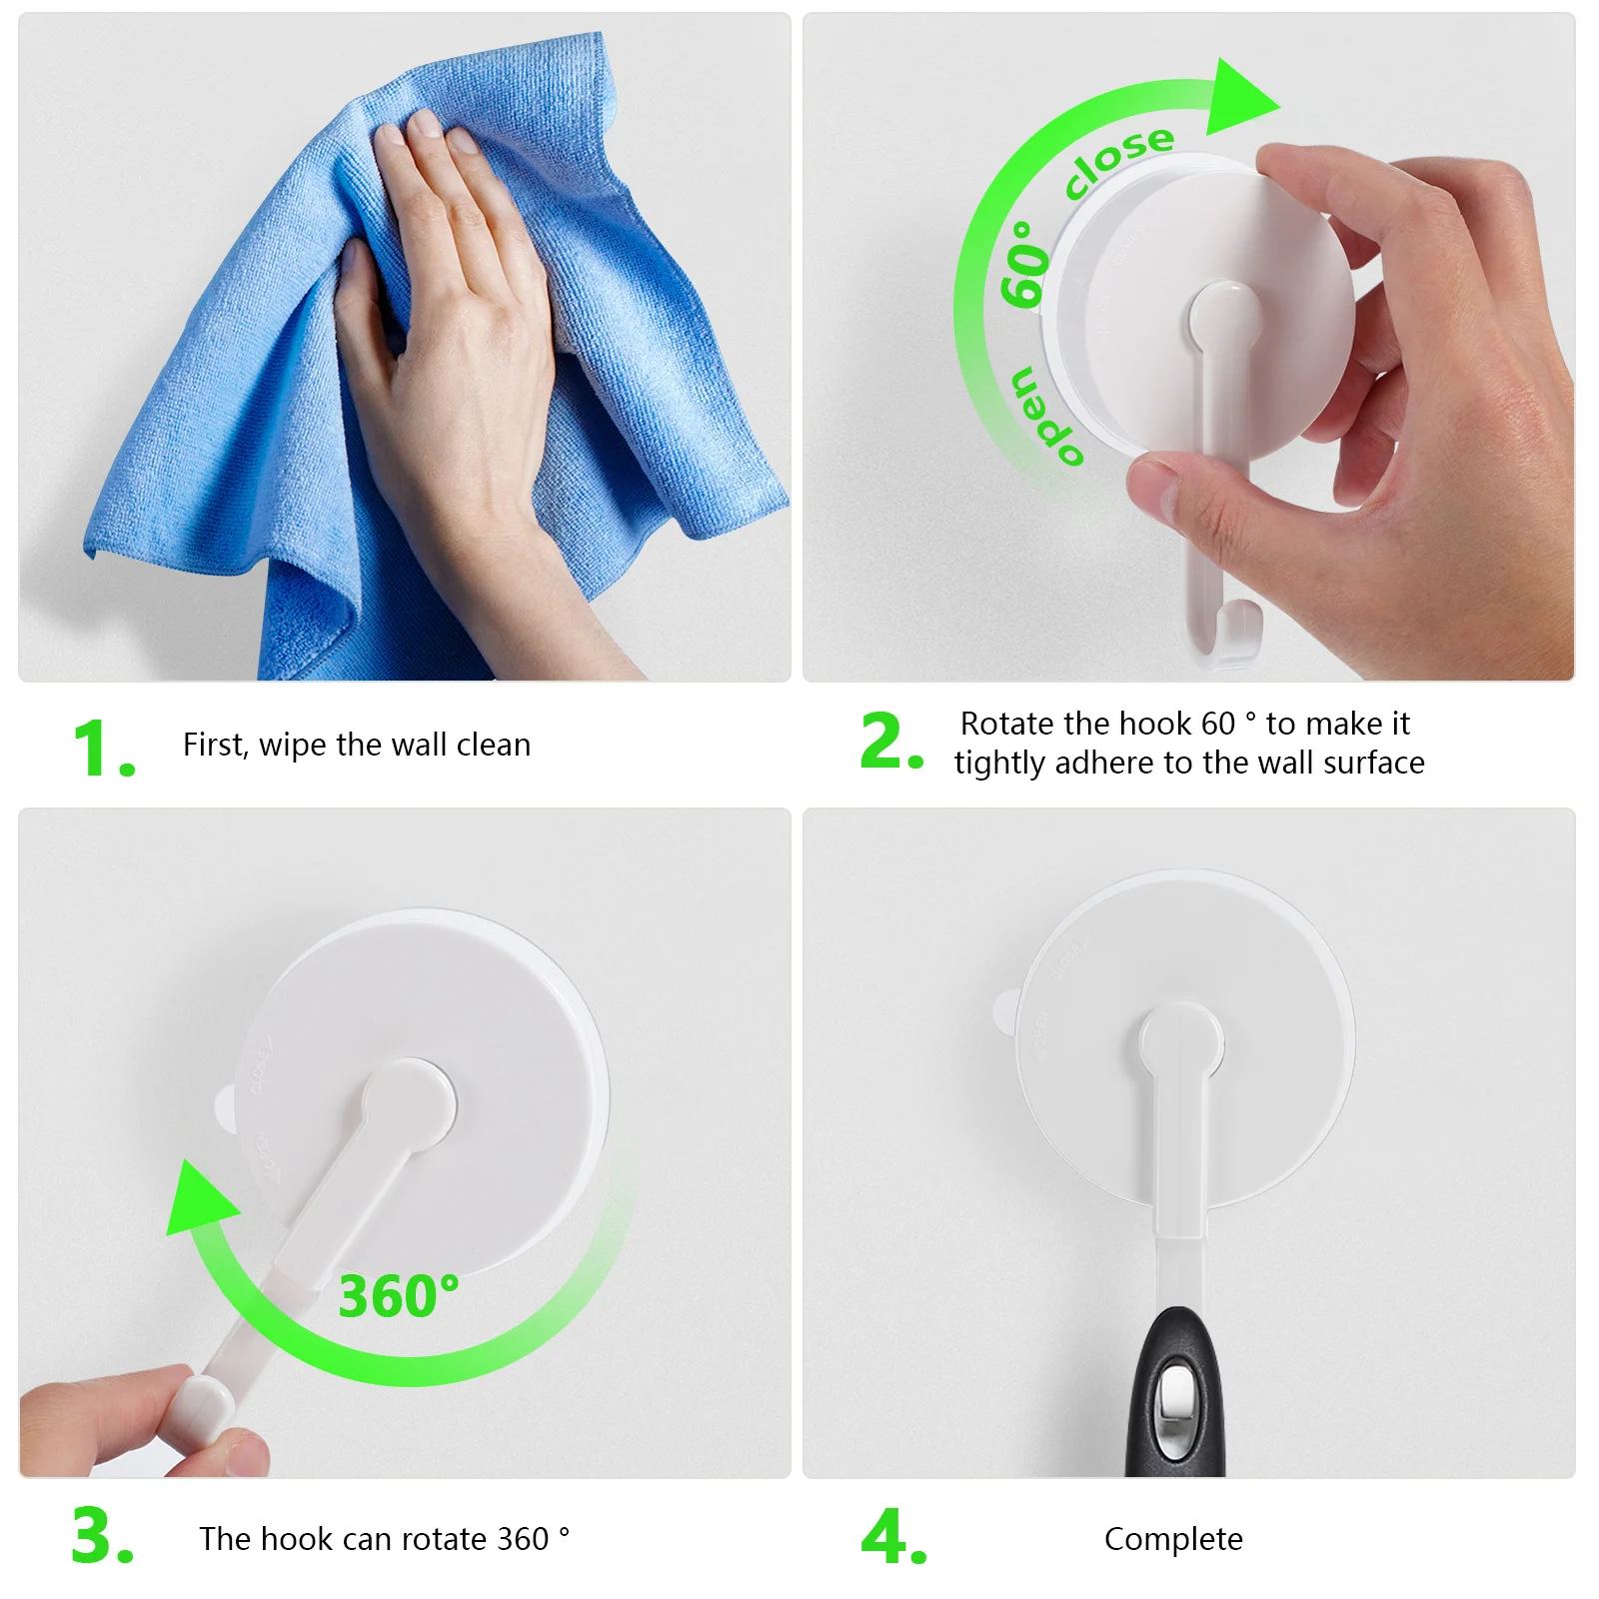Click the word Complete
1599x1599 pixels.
tap(1173, 1539)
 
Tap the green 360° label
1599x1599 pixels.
tap(398, 1296)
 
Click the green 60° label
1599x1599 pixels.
tap(1025, 263)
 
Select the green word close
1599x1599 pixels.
tap(1118, 159)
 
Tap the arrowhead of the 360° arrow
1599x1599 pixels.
tap(199, 1200)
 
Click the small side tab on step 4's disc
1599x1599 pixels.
tap(1005, 1010)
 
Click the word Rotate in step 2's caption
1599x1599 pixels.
tap(1006, 724)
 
